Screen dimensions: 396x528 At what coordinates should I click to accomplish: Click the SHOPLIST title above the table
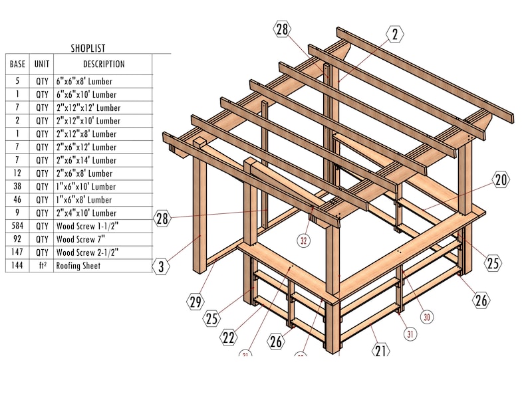pyautogui.click(x=88, y=48)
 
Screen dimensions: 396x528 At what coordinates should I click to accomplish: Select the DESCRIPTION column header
pyautogui.click(x=103, y=64)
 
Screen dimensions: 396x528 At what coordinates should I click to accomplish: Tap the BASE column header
pyautogui.click(x=17, y=64)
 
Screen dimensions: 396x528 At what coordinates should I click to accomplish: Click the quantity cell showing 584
pyautogui.click(x=17, y=226)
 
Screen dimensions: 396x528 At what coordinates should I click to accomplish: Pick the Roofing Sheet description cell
pyautogui.click(x=78, y=266)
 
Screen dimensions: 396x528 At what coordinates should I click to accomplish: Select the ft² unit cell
pyautogui.click(x=42, y=266)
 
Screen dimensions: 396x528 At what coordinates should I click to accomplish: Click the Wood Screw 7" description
pyautogui.click(x=79, y=239)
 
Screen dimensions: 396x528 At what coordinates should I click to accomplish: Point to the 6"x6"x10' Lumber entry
pyautogui.click(x=84, y=94)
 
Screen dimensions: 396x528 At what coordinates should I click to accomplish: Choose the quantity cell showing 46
pyautogui.click(x=17, y=199)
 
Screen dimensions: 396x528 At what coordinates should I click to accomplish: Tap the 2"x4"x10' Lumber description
pyautogui.click(x=86, y=213)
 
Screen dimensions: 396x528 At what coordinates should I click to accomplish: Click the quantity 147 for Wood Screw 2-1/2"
pyautogui.click(x=17, y=252)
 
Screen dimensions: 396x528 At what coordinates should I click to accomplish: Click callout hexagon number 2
pyautogui.click(x=394, y=34)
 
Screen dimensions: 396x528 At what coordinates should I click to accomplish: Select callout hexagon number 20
pyautogui.click(x=500, y=179)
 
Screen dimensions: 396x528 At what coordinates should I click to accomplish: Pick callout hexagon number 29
pyautogui.click(x=196, y=302)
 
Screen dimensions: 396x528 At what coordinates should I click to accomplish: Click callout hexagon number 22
pyautogui.click(x=229, y=338)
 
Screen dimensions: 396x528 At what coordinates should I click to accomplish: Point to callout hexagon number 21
pyautogui.click(x=380, y=350)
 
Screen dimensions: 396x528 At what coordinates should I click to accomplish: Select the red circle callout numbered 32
pyautogui.click(x=304, y=241)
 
